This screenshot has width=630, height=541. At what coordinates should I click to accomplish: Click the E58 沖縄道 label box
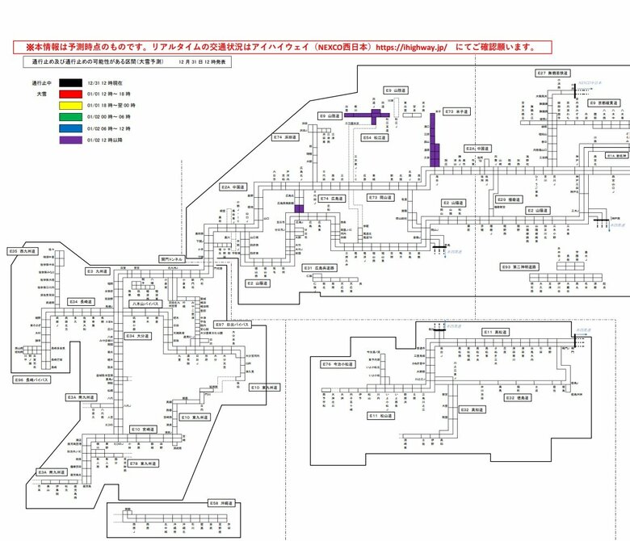point(221,502)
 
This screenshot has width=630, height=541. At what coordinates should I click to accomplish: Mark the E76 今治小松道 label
point(338,364)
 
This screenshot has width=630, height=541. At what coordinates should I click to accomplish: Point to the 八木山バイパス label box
point(147,304)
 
